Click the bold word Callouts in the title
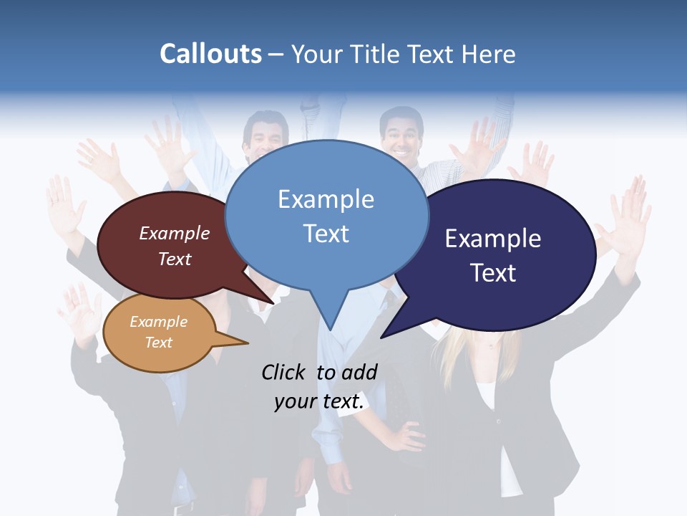pyautogui.click(x=210, y=54)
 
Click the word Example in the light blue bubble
pyautogui.click(x=326, y=199)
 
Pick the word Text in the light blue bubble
pyautogui.click(x=326, y=234)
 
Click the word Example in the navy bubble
pyautogui.click(x=492, y=239)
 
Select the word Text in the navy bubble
pyautogui.click(x=492, y=273)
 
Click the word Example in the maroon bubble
pyautogui.click(x=174, y=234)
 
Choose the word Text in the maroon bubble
pyautogui.click(x=174, y=259)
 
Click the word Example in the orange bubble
pyautogui.click(x=158, y=322)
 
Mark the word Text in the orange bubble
pyautogui.click(x=158, y=343)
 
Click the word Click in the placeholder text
pyautogui.click(x=283, y=372)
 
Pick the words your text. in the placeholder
pyautogui.click(x=318, y=402)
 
